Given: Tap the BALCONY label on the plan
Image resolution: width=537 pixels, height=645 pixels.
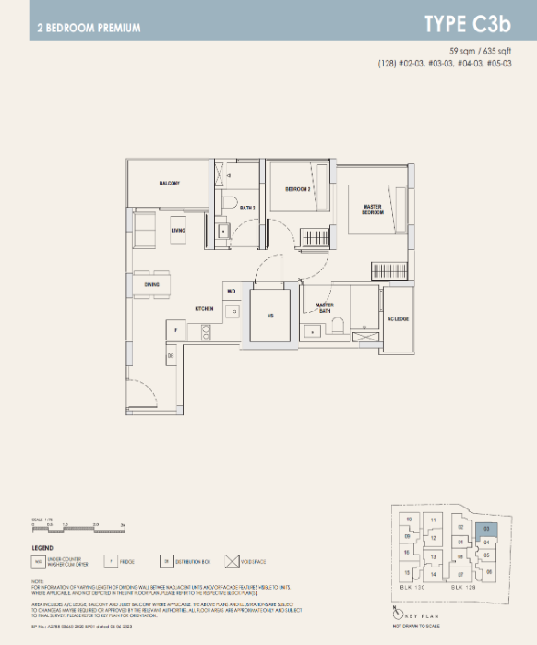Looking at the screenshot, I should point(169,183).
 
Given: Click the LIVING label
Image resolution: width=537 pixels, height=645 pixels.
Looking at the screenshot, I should point(179,230).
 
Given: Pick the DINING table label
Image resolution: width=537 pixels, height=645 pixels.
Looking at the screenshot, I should point(152,285).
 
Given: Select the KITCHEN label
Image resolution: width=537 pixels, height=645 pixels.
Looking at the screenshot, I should point(204,308).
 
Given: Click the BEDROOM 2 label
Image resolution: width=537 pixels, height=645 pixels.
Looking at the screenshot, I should point(297,189).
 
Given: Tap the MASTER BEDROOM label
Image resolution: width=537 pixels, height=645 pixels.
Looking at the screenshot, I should point(372,210).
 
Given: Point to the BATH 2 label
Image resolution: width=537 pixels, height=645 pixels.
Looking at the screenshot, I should point(247,209).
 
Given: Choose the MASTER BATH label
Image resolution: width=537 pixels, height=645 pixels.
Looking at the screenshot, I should point(325,307).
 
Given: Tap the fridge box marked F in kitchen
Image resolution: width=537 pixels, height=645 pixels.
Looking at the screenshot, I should point(174,329).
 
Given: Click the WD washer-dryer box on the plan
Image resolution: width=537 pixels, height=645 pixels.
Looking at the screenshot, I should point(232,292).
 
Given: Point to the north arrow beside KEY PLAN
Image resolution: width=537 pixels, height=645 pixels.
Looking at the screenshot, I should point(397,613).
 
